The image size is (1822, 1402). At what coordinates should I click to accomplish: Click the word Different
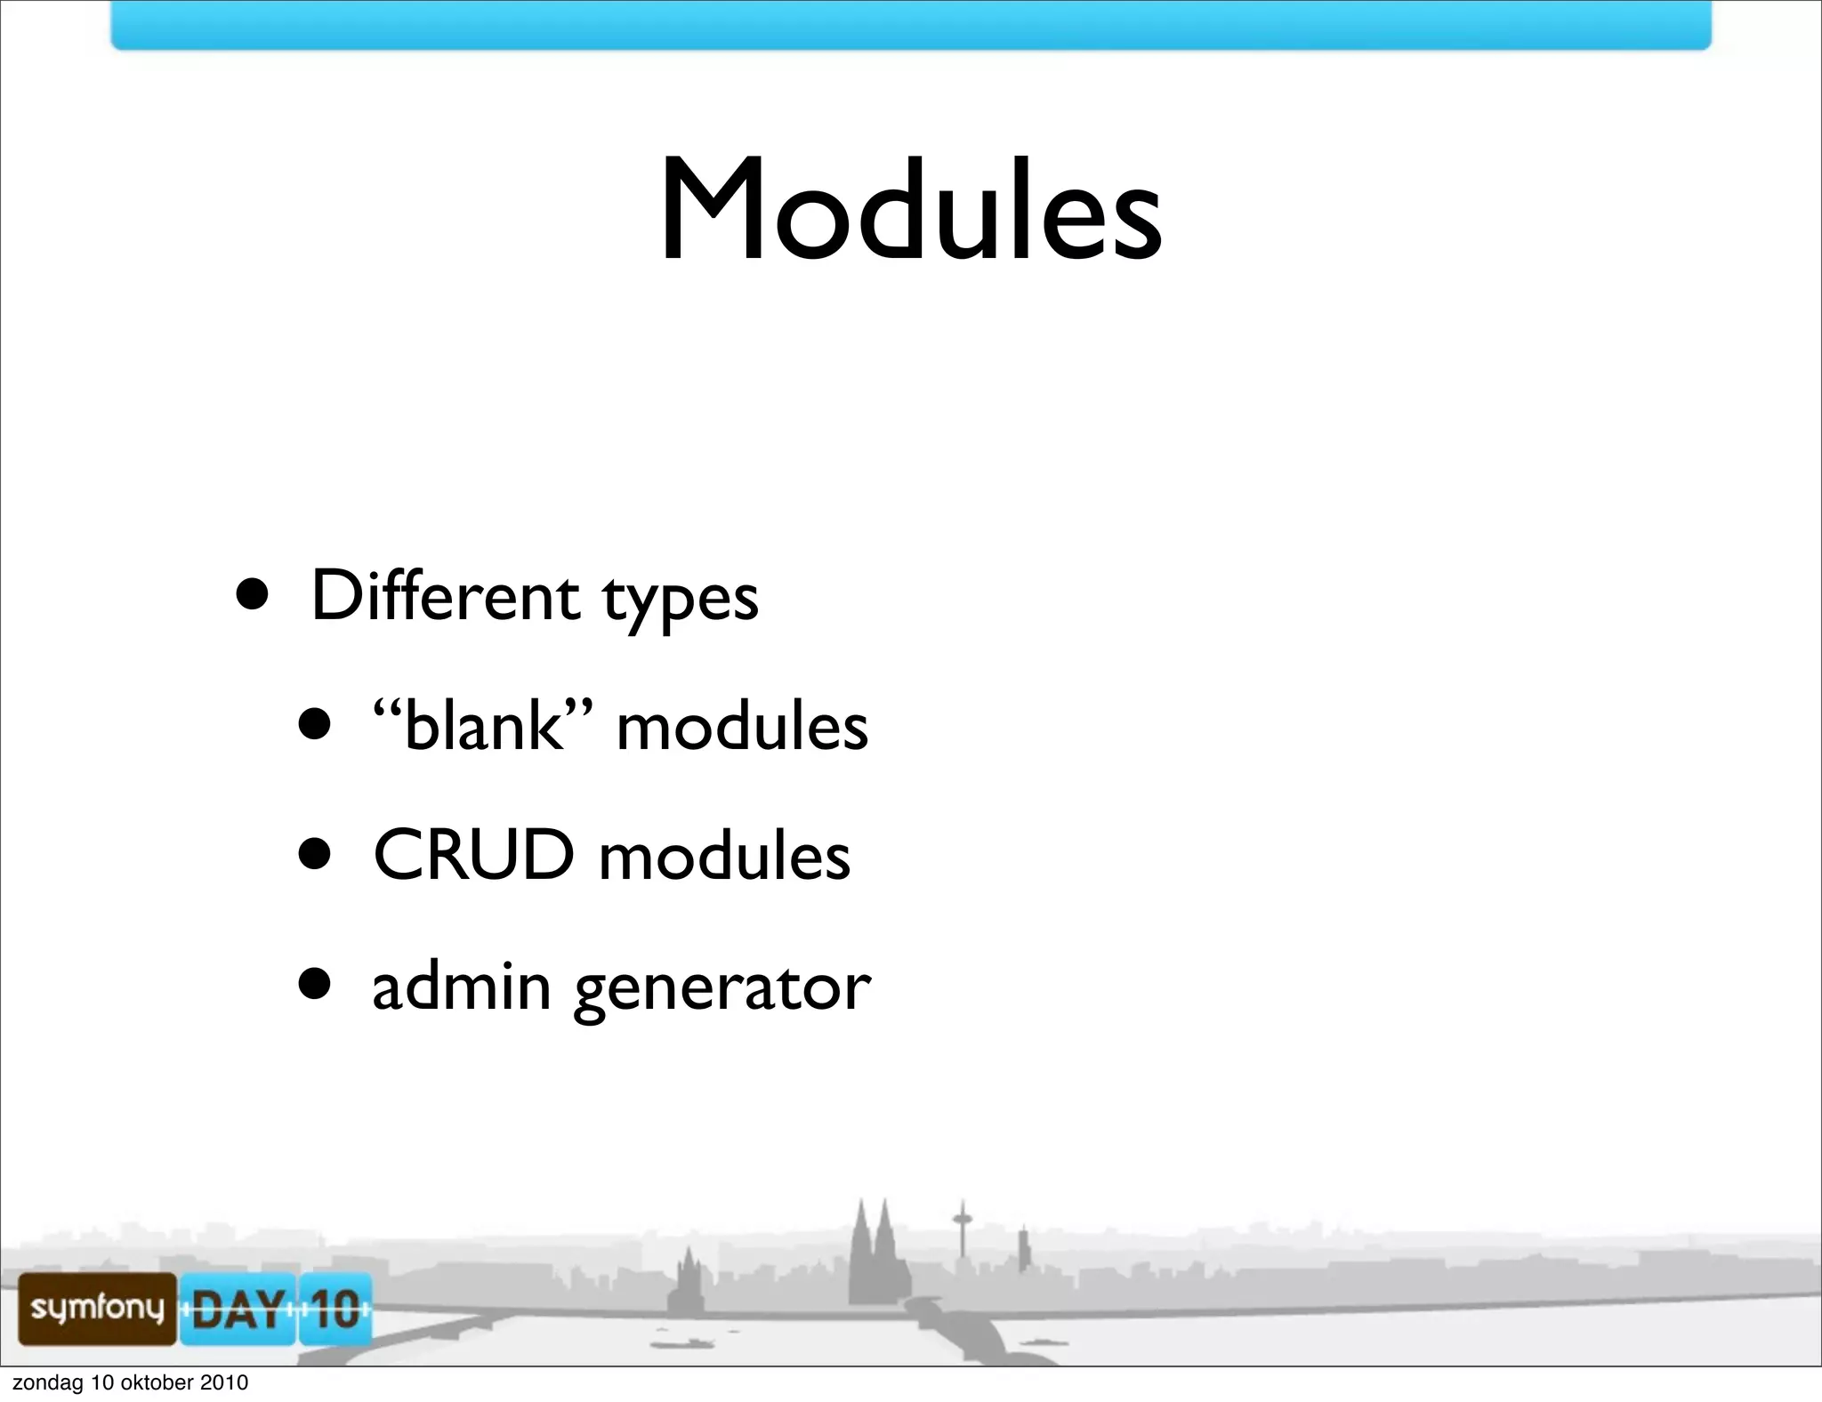pos(445,595)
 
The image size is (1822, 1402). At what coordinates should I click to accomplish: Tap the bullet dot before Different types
pos(253,594)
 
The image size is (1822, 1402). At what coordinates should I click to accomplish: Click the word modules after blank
pos(742,727)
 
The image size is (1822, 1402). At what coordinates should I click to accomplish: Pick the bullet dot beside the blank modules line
pos(315,724)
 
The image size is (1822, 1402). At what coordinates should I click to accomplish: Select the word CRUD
pos(473,855)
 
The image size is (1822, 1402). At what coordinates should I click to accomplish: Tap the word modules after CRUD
pos(724,857)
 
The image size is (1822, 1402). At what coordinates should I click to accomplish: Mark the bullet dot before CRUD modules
pos(315,855)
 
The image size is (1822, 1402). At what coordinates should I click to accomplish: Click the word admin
pos(462,987)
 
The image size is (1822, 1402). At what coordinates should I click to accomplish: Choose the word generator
pos(722,990)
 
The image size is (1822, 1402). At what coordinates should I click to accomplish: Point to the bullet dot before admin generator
pos(315,985)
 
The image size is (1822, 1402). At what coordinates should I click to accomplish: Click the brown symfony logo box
pos(97,1308)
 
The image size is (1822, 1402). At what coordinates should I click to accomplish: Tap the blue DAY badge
pos(238,1309)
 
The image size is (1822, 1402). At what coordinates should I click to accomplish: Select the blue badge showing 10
pos(335,1309)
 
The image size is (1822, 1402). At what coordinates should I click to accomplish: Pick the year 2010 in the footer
pos(223,1382)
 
